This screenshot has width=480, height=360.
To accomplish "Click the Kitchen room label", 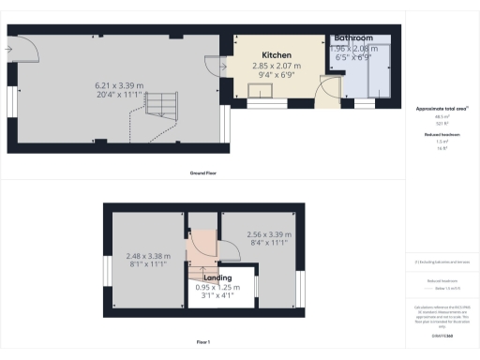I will point(277,55).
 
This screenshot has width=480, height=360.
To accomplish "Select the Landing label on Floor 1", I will point(217,277).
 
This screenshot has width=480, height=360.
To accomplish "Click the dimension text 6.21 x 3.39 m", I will point(126,86).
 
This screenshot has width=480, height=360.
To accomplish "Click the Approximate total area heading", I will point(441,109).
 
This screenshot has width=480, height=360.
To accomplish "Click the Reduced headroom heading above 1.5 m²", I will point(441,135).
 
